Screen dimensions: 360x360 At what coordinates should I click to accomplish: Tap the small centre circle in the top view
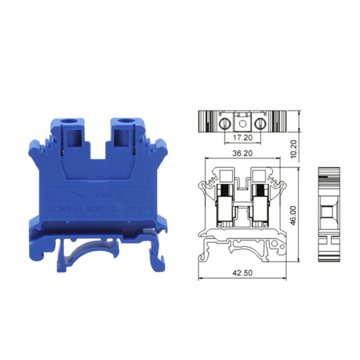click(243, 122)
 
